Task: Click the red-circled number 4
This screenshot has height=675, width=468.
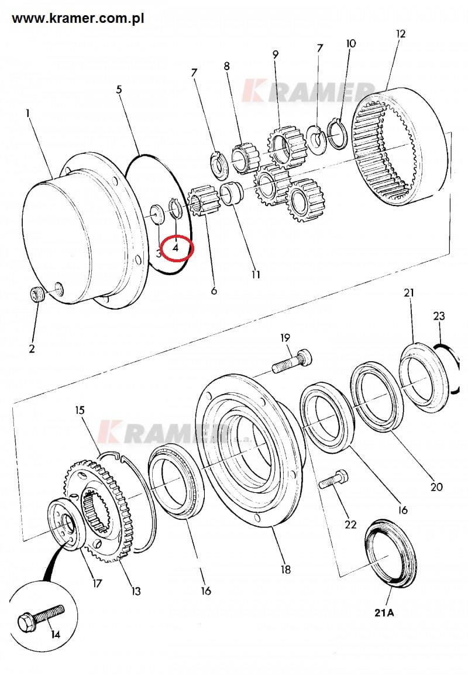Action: coord(175,248)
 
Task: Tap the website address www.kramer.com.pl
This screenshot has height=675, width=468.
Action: coord(78,19)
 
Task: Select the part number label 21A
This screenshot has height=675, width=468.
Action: coord(384,612)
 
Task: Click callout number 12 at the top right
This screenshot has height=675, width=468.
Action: coord(401,33)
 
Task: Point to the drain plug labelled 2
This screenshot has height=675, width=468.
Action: coord(36,295)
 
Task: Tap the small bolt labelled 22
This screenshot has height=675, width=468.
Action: coord(334,480)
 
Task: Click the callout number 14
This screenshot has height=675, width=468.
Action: coord(56,635)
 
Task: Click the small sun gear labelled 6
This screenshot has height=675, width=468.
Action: coord(201,201)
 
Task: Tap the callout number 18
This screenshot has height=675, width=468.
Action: coord(285,570)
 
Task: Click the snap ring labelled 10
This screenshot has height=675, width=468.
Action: coord(336,133)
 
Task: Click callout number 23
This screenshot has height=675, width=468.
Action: coord(439,316)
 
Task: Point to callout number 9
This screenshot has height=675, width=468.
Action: coord(276,54)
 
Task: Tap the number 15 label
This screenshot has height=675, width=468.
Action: coord(80,410)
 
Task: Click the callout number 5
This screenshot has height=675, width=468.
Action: coord(119,89)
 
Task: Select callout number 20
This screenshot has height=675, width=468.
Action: coord(436,487)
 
